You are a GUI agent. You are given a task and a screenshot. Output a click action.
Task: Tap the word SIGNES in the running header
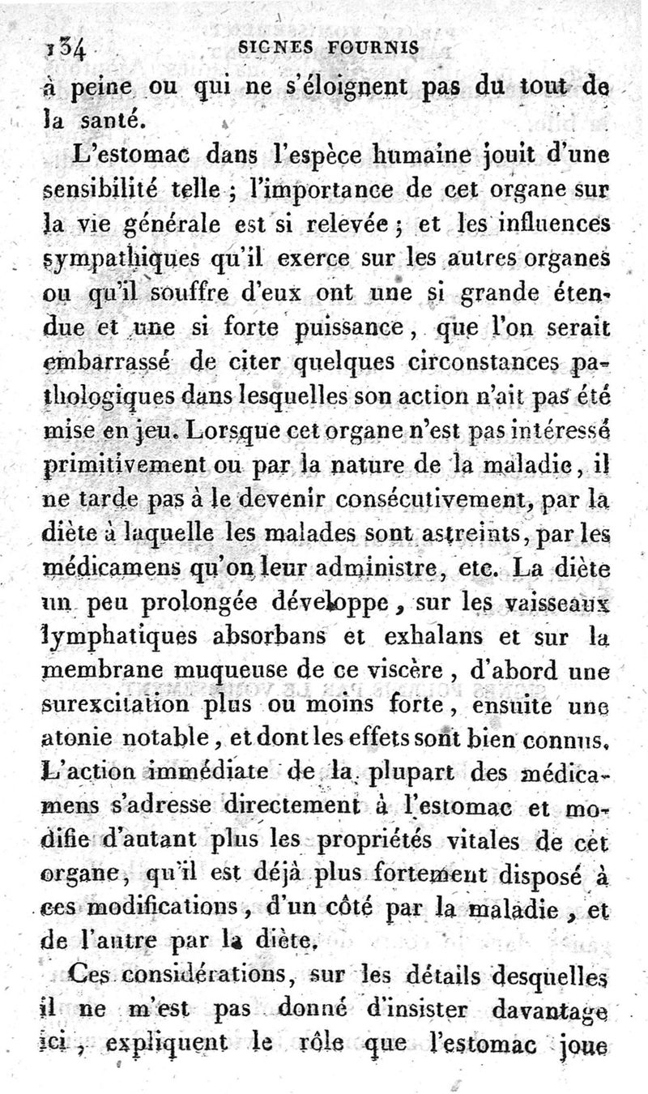coord(276,48)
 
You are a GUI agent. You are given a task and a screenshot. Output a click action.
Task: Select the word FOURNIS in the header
coord(373,48)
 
